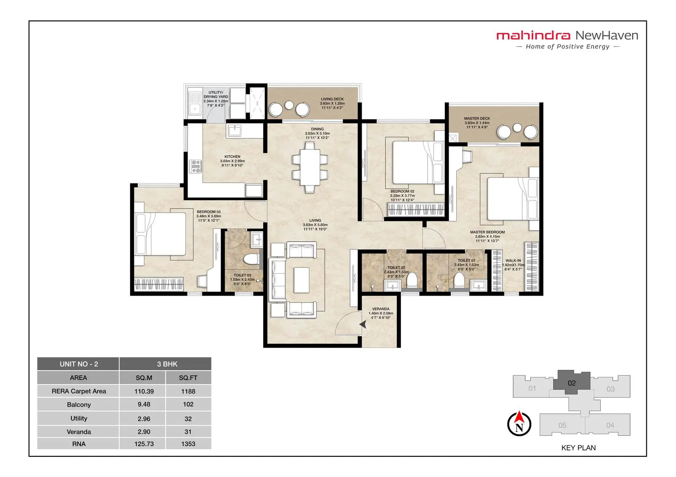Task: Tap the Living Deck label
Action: point(332,103)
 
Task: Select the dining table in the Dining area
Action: point(310,167)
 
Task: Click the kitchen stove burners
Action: point(196,166)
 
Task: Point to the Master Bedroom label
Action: point(487,236)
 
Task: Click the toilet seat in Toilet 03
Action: point(251,259)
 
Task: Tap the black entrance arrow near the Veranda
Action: point(363,324)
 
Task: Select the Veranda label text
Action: point(381,313)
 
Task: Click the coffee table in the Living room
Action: point(302,280)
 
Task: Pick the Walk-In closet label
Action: point(513,264)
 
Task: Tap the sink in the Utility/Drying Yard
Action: point(195,102)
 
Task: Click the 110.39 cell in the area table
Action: point(144,391)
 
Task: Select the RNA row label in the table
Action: point(79,444)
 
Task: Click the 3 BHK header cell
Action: point(167,364)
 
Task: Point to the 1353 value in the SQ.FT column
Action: point(188,444)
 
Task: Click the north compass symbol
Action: point(519,424)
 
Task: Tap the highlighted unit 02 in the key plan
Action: point(571,383)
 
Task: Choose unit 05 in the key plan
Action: point(562,425)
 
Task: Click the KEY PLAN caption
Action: point(578,447)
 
